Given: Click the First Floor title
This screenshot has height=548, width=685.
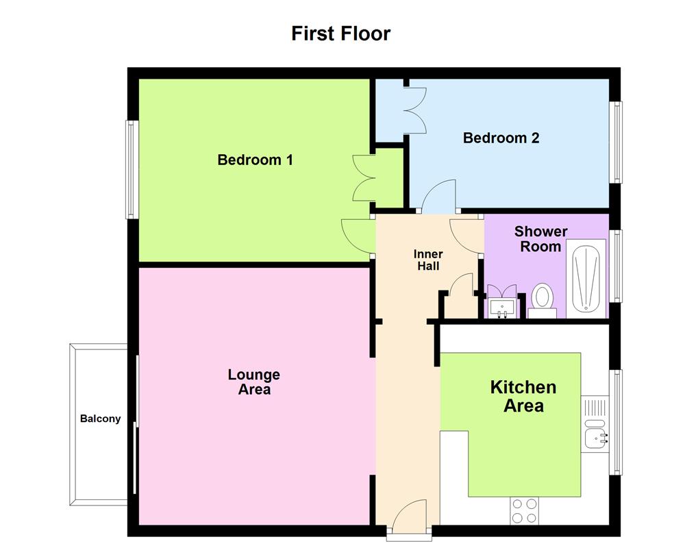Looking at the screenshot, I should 340,33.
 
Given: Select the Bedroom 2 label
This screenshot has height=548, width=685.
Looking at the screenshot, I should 501,138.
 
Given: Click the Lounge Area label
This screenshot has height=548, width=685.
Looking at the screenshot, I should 253,382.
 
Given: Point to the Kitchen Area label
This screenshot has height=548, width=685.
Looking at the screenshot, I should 523,396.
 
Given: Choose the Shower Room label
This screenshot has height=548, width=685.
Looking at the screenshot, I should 540,239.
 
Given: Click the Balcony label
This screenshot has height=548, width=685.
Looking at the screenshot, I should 100,419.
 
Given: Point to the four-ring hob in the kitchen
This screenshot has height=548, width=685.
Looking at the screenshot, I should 525,510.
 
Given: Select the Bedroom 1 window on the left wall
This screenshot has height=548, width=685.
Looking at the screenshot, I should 131,169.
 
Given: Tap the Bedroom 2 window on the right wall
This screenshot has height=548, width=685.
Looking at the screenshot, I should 617,142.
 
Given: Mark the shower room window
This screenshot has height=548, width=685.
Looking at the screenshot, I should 617,265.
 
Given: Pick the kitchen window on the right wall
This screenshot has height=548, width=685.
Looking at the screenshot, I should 617,422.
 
